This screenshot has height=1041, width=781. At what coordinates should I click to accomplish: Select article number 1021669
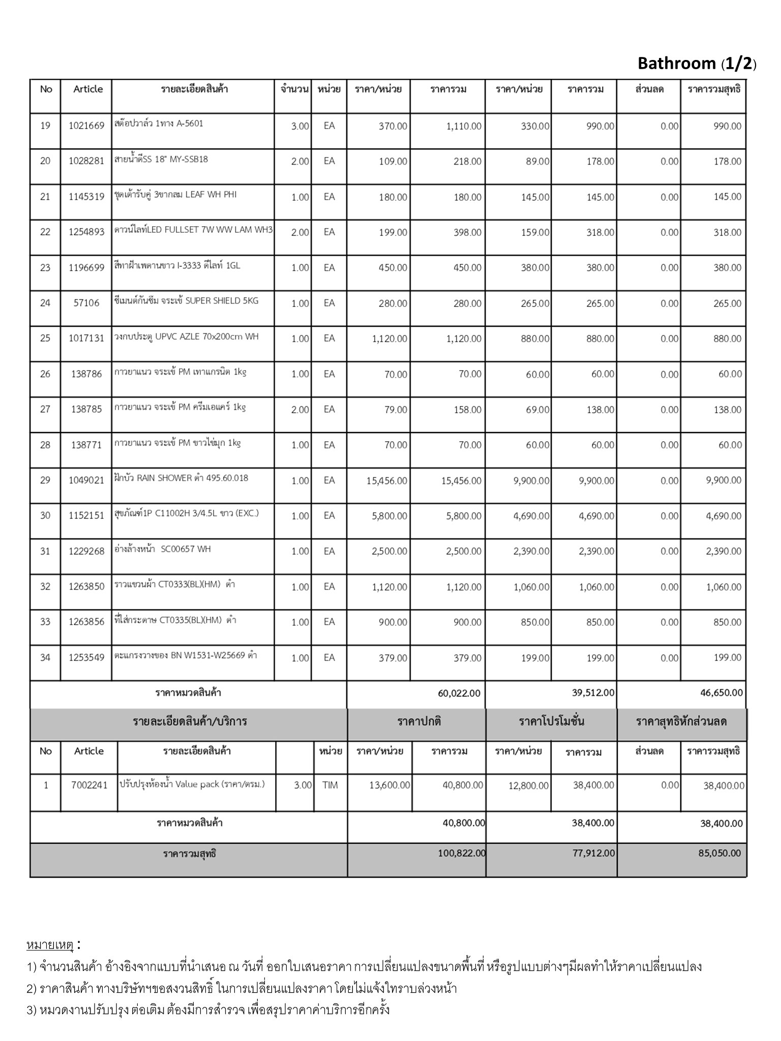[86, 126]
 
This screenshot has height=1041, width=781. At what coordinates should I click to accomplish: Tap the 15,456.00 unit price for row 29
[386, 480]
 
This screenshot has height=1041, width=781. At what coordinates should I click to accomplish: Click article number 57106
[86, 303]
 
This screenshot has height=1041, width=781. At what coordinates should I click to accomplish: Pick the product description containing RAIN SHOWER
[182, 478]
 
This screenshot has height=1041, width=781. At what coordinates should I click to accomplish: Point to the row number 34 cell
[45, 658]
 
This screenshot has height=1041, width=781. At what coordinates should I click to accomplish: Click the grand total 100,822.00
[462, 853]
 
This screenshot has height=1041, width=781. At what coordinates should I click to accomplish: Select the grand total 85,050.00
[719, 853]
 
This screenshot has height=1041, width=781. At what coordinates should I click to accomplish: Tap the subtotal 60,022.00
[459, 693]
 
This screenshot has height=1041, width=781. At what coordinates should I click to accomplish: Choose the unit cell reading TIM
[330, 785]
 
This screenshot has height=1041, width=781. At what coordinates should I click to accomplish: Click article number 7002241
[89, 785]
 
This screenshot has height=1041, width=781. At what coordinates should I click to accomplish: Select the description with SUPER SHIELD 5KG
[186, 301]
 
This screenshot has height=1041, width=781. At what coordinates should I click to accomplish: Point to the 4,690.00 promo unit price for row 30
[531, 516]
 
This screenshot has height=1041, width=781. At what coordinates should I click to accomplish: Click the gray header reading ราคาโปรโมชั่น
[551, 721]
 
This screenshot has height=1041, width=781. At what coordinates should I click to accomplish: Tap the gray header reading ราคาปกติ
[419, 721]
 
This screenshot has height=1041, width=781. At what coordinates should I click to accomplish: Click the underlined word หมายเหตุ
[50, 945]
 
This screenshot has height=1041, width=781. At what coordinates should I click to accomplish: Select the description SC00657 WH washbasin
[163, 549]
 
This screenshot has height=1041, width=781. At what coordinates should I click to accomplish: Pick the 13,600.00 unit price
[389, 785]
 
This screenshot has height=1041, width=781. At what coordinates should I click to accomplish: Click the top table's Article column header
[88, 89]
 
